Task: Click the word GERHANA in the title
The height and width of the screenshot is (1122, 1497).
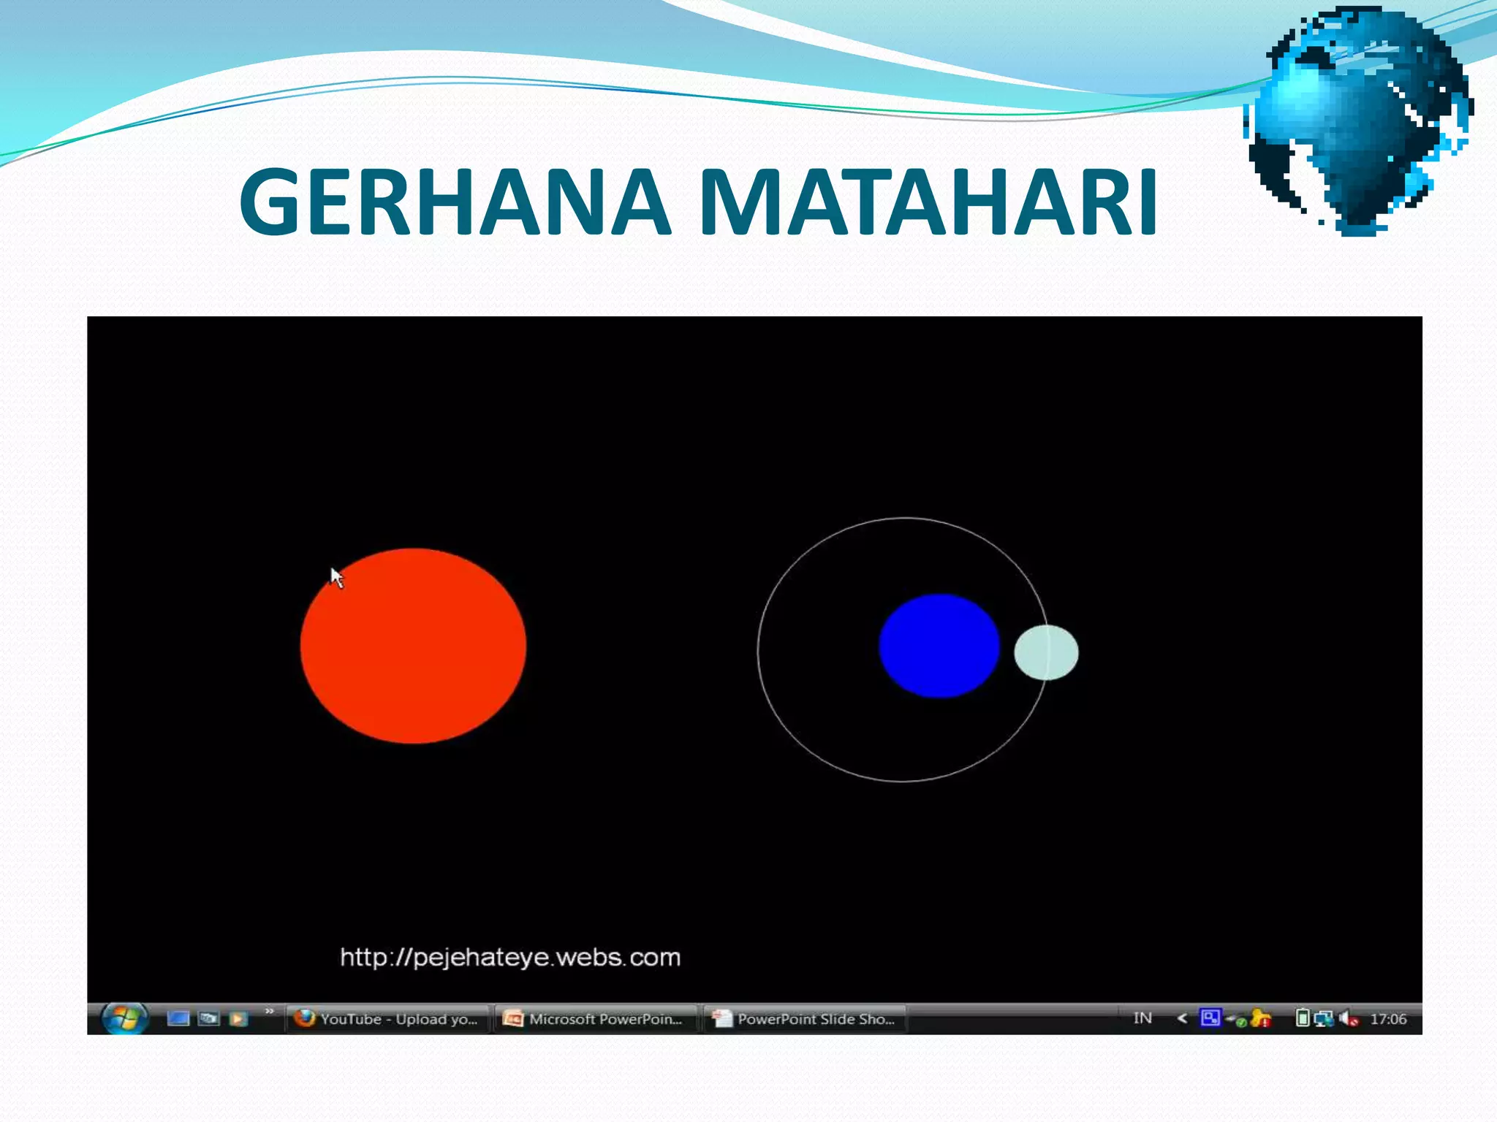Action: click(455, 202)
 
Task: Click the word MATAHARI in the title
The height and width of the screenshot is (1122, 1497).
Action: click(928, 202)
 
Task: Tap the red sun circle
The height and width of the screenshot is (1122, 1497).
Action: click(413, 646)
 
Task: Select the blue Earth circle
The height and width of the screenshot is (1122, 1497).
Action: click(939, 646)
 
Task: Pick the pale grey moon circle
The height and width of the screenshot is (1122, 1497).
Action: click(1045, 652)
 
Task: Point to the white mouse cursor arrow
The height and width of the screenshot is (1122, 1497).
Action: click(336, 576)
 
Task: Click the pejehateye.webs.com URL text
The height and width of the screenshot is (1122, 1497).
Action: click(510, 957)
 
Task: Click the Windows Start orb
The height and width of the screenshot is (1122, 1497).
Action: click(124, 1018)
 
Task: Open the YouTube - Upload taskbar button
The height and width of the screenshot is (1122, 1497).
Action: click(387, 1018)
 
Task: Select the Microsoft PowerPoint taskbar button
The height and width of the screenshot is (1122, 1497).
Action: click(595, 1018)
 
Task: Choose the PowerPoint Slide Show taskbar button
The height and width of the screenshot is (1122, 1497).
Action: click(805, 1018)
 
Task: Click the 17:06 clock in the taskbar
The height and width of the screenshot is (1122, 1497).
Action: click(1387, 1018)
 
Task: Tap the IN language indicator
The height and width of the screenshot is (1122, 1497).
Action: click(1142, 1018)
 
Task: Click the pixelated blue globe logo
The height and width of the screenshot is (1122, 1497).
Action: click(1358, 121)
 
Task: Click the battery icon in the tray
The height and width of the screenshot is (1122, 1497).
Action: click(1302, 1018)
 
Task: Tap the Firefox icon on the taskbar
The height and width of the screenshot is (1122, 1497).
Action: click(304, 1018)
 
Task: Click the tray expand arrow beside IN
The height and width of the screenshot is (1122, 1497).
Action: click(1182, 1018)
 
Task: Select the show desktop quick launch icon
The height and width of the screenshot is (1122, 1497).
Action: click(178, 1018)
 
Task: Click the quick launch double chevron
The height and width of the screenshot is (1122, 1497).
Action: click(270, 1011)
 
